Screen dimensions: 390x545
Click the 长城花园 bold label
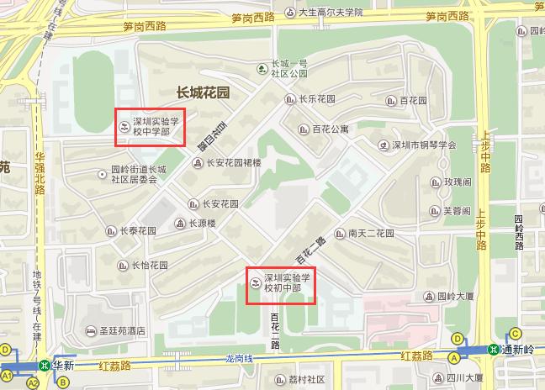click(202, 92)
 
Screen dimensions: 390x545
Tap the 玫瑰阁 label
click(458, 182)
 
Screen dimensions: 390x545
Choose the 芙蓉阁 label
click(458, 211)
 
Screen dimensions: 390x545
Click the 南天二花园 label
click(371, 233)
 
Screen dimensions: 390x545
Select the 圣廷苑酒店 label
click(123, 330)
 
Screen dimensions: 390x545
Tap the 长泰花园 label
click(137, 231)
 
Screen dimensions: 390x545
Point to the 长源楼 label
click(202, 224)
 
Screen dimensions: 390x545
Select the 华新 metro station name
click(63, 366)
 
